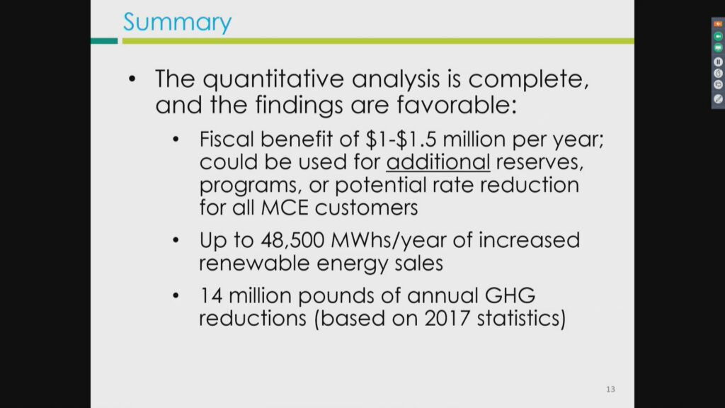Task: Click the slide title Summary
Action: tap(178, 22)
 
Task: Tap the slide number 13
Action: tap(610, 390)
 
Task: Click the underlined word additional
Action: tap(438, 162)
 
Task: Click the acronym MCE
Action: tap(285, 208)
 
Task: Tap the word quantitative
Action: tap(273, 79)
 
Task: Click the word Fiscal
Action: tap(227, 140)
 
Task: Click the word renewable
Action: tap(255, 263)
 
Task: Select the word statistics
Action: tap(518, 318)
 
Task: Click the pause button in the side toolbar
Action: tap(718, 62)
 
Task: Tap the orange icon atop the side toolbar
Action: tap(718, 23)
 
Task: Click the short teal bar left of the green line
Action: tap(104, 41)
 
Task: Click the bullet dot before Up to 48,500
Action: tap(176, 240)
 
